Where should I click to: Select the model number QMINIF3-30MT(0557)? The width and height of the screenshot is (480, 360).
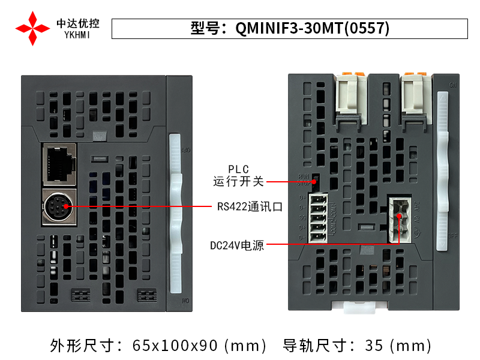312,29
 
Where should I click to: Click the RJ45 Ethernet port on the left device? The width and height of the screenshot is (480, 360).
60,162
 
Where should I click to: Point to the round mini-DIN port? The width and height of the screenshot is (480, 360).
59,207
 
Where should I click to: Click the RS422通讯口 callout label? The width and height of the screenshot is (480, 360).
250,207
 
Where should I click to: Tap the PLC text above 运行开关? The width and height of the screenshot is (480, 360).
238,169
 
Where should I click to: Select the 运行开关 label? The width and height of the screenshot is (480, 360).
238,181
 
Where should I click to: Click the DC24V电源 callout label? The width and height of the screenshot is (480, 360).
237,245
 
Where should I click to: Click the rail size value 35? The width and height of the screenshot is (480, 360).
374,346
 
